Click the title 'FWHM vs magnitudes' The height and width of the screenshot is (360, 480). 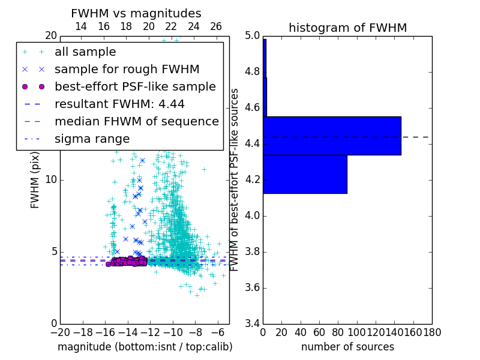[136, 13]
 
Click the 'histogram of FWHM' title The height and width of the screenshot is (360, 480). [347, 28]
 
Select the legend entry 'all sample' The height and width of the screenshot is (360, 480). [85, 52]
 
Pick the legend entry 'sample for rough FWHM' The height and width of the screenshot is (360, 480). [127, 70]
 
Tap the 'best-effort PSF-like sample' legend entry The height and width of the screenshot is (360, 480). [135, 87]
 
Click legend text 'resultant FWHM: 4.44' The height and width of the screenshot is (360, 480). [119, 104]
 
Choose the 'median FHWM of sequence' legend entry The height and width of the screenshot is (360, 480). [136, 122]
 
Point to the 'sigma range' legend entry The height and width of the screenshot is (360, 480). [92, 139]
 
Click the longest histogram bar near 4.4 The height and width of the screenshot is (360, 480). [332, 136]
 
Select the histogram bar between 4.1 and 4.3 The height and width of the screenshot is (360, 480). [305, 174]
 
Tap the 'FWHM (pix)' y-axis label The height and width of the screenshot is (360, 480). [35, 181]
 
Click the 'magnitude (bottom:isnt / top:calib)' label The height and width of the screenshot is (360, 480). [145, 347]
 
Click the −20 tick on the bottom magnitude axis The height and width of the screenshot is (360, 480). [59, 332]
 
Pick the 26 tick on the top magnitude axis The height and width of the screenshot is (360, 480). [216, 26]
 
